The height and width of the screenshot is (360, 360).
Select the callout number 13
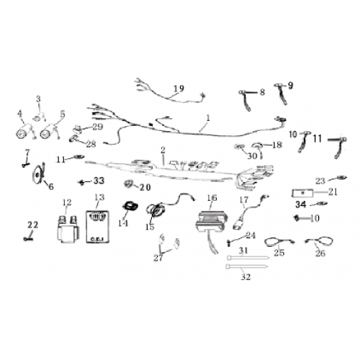[99, 197]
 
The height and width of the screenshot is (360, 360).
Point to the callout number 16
[211, 197]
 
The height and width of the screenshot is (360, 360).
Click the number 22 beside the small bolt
[32, 225]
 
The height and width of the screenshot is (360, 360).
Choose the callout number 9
[291, 85]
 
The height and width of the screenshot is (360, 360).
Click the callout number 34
[300, 204]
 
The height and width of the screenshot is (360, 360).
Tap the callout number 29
[98, 126]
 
